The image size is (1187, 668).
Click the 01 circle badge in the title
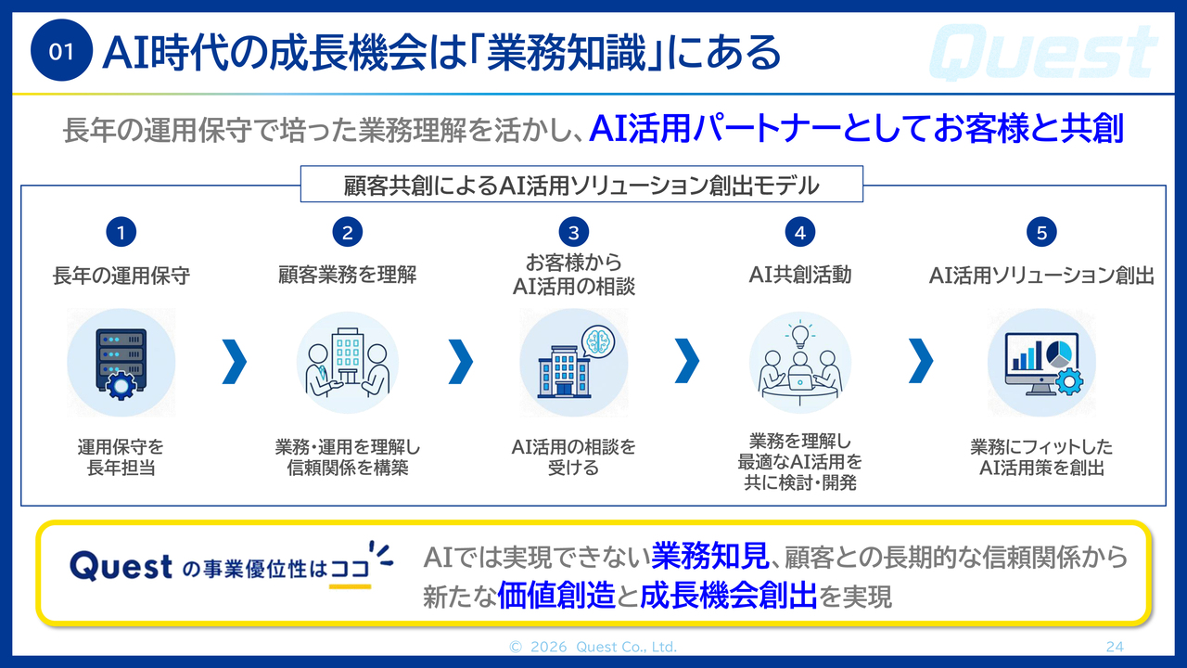coord(61,50)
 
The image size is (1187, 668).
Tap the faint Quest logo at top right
coord(1043,52)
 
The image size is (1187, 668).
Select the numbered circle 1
coord(121,232)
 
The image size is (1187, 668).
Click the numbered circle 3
coord(573,232)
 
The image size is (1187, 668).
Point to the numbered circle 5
coord(1041,232)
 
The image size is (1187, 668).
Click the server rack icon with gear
coord(121,363)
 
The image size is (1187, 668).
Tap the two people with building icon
coord(347,363)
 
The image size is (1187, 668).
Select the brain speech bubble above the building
coord(598,340)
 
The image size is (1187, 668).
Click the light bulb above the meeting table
coord(799,336)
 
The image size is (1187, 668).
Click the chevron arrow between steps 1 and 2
coord(235,362)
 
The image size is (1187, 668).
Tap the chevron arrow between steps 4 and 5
coord(921,361)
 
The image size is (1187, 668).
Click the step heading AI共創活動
coord(800,275)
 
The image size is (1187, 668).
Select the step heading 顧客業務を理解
coord(347,275)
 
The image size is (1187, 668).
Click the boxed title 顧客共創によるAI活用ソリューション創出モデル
coord(581,186)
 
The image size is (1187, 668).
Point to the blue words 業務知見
coord(710,556)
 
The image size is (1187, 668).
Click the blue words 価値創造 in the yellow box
coord(556,596)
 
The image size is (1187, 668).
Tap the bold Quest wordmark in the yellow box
coord(121,566)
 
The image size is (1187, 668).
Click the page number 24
coord(1115,647)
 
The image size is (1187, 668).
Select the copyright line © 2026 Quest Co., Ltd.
coord(593,647)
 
